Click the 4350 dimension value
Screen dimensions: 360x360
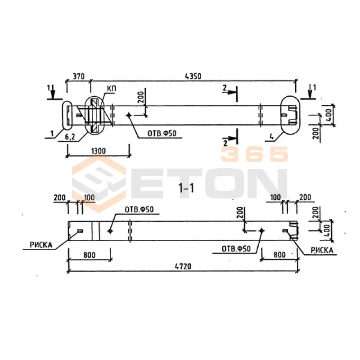click(x=193, y=76)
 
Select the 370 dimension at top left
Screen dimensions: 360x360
click(x=78, y=76)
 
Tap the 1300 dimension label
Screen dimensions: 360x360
click(x=99, y=151)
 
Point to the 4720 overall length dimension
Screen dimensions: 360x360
click(x=183, y=266)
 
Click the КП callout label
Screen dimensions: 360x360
click(x=111, y=89)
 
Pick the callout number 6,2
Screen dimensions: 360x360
click(x=70, y=137)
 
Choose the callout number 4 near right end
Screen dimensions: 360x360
click(x=272, y=137)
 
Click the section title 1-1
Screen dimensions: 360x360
click(x=186, y=189)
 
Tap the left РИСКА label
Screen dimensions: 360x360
click(x=41, y=245)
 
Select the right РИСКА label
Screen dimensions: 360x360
click(x=322, y=250)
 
